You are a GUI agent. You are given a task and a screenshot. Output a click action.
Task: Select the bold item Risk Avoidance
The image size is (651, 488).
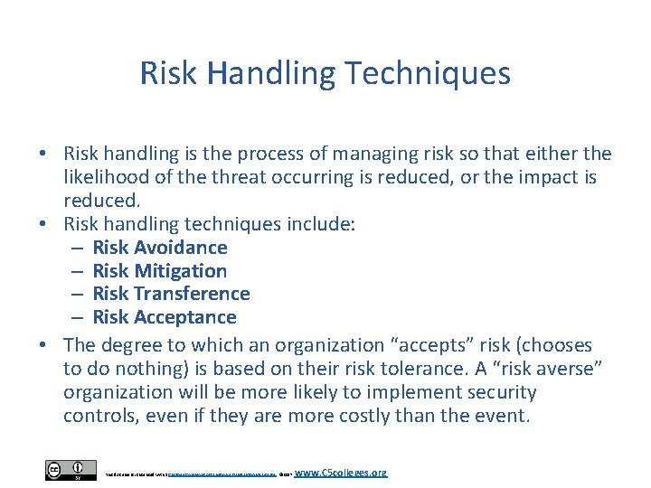point(160,248)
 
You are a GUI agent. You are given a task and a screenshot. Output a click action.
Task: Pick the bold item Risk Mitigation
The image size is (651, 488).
point(160,271)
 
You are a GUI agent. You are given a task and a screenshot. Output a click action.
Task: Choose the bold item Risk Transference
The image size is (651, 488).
point(171,294)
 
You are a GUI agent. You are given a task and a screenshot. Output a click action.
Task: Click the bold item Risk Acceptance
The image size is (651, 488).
point(165,317)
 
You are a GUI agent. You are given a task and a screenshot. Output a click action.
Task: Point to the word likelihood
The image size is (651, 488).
point(102,177)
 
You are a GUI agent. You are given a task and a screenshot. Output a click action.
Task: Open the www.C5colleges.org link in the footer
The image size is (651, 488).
point(341,472)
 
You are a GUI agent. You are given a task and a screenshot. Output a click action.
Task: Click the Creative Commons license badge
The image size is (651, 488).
point(71,471)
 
